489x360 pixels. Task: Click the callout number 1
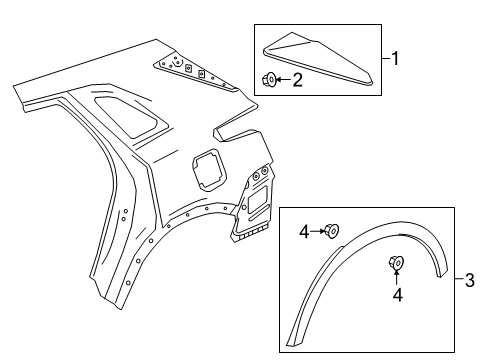coord(395,59)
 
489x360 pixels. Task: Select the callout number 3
coord(468,280)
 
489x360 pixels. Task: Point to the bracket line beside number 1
coord(380,59)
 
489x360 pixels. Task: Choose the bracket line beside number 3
coord(453,280)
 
